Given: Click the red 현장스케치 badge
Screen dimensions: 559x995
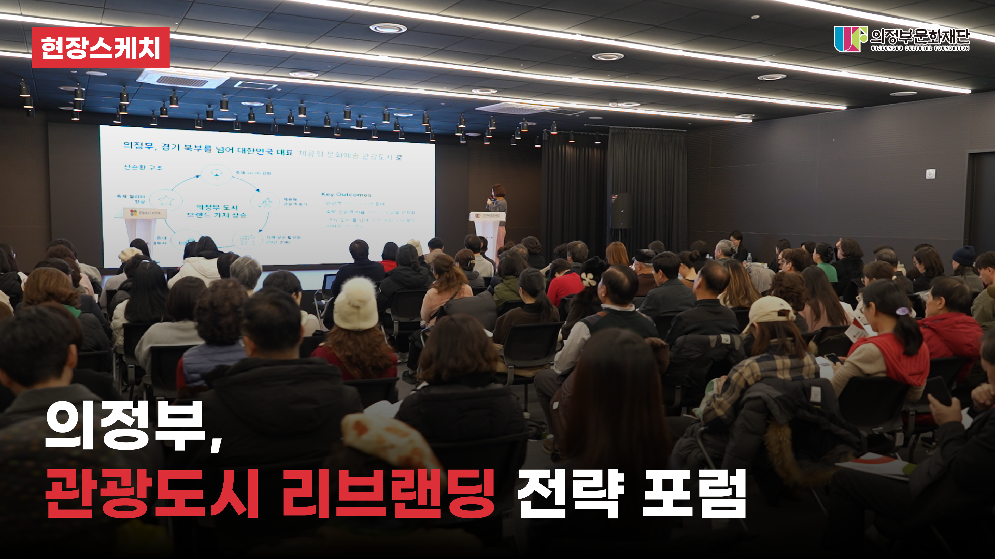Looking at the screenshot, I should point(100,47).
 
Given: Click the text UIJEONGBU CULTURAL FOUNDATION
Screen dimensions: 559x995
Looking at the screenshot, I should point(920,48).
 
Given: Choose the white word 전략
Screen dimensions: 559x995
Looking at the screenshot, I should point(570,494).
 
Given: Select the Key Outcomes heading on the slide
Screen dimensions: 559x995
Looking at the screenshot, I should point(346,195).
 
